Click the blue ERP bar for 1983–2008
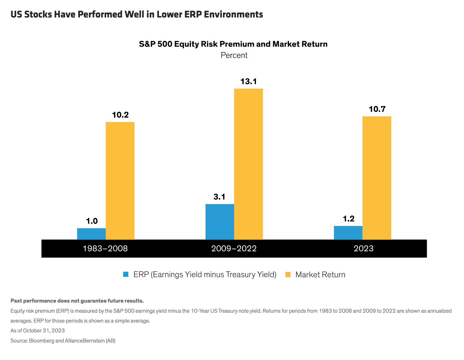[x=91, y=234]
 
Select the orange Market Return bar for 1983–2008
[x=120, y=181]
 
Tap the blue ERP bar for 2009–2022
[x=220, y=222]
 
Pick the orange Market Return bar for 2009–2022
[x=248, y=164]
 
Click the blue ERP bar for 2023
[x=348, y=233]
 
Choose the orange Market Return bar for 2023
[x=377, y=178]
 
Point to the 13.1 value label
[x=248, y=82]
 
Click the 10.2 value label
[x=120, y=115]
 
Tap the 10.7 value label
[x=377, y=109]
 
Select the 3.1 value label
[x=219, y=197]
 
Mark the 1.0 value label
[x=92, y=221]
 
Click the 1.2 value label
[x=349, y=219]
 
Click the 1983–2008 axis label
[x=105, y=248]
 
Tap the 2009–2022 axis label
[x=234, y=248]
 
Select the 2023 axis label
[x=363, y=248]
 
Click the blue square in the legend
[x=126, y=274]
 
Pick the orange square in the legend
[x=288, y=274]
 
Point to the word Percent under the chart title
[x=234, y=55]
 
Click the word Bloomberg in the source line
[x=42, y=341]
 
